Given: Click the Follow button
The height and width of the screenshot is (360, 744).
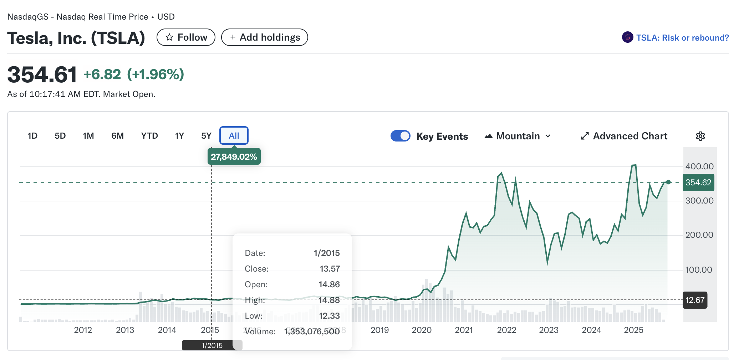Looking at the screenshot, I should tap(186, 37).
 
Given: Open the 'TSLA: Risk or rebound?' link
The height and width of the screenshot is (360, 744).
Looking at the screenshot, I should tap(682, 38).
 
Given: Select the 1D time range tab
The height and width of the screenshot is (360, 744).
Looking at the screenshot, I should tap(32, 136).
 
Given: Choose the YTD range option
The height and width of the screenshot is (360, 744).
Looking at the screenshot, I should tap(149, 136).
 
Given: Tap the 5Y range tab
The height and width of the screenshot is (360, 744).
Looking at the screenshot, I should tap(206, 136).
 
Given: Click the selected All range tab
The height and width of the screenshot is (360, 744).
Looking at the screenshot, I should tap(234, 136).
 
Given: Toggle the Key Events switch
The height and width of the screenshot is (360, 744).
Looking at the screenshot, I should tap(400, 136).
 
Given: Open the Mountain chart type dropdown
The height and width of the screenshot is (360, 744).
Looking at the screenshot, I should tap(518, 136).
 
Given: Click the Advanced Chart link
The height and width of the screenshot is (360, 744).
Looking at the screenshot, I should tap(624, 136).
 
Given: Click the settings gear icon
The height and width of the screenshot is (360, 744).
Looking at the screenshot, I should tap(700, 136).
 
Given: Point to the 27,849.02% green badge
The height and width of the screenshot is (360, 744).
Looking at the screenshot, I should tap(234, 157).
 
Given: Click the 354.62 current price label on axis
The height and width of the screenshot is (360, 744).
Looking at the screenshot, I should tap(698, 182).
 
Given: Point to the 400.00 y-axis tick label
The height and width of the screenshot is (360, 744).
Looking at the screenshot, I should tap(699, 166).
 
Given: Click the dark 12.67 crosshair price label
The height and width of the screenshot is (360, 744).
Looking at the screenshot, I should tap(695, 300).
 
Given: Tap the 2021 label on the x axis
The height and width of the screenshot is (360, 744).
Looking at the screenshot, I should tap(464, 330).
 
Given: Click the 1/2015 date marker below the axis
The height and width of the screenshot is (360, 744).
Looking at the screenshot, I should tap(212, 345).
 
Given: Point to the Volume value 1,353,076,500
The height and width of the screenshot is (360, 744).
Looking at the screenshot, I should tap(312, 331).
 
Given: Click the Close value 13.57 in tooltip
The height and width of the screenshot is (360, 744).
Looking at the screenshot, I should tap(330, 269).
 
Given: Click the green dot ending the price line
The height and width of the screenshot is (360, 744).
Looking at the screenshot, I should tap(668, 182).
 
